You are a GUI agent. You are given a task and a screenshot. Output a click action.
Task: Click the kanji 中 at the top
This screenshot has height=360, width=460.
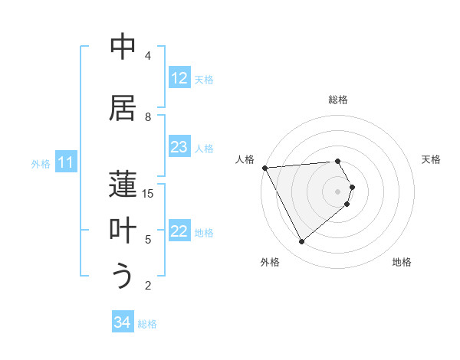tap(123, 47)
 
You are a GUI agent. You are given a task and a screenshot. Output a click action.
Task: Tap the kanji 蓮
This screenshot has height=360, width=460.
tap(123, 185)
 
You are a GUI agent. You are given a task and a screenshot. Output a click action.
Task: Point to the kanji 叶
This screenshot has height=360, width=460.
tap(123, 231)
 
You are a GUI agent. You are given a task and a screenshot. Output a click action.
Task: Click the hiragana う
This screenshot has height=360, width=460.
tap(123, 277)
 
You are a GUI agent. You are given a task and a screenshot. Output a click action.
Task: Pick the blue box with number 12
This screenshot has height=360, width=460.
tap(179, 78)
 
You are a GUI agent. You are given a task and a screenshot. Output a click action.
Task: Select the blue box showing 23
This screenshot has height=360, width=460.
tap(179, 147)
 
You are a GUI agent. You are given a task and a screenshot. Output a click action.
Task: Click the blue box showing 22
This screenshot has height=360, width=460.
tap(179, 231)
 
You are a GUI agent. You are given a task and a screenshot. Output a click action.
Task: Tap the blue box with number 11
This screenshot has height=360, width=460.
tap(66, 162)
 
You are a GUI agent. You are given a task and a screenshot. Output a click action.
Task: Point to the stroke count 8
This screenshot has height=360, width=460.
tap(148, 117)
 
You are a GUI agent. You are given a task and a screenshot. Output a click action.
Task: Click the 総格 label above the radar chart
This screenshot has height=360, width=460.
tap(338, 100)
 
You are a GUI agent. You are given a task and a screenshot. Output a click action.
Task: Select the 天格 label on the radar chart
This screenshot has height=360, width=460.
tap(431, 159)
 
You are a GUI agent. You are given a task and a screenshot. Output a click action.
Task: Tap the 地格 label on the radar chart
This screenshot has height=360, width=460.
tap(402, 262)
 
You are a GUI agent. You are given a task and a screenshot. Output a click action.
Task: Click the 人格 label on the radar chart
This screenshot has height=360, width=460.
tap(245, 159)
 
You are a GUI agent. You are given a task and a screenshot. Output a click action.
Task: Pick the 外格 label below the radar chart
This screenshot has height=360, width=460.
tap(270, 262)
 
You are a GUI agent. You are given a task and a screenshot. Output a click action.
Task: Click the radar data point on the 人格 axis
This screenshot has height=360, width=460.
tap(264, 167)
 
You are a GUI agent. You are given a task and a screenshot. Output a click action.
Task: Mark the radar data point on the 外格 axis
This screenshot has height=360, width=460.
tap(301, 242)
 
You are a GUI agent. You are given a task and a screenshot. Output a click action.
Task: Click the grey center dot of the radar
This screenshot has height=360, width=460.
tap(338, 191)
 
